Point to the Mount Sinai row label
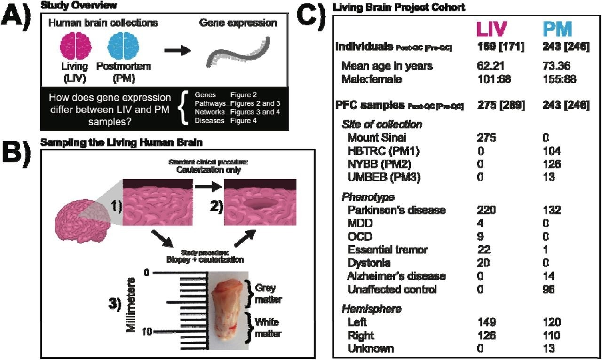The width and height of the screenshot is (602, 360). (376, 138)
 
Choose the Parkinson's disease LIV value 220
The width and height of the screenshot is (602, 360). (486, 210)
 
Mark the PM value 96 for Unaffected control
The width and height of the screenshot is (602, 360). (548, 289)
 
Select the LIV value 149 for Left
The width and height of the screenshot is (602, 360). (486, 322)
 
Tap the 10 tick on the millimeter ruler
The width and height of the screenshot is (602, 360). (147, 332)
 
